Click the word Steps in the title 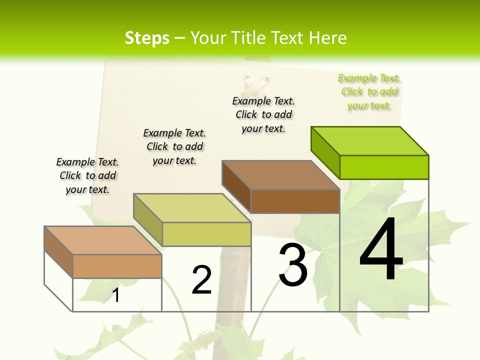coord(147,38)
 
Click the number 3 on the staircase coord(293,264)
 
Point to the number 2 coord(202,280)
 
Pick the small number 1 coord(116,295)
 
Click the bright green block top coord(370,141)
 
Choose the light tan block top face coord(103,240)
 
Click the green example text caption coord(369,92)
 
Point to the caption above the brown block coord(263,115)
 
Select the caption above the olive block coord(174,147)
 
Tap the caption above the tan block coord(87,176)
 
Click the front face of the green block coord(384,167)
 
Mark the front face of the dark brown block coord(295,201)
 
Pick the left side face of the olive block coord(147,219)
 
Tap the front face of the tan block coord(117,266)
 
